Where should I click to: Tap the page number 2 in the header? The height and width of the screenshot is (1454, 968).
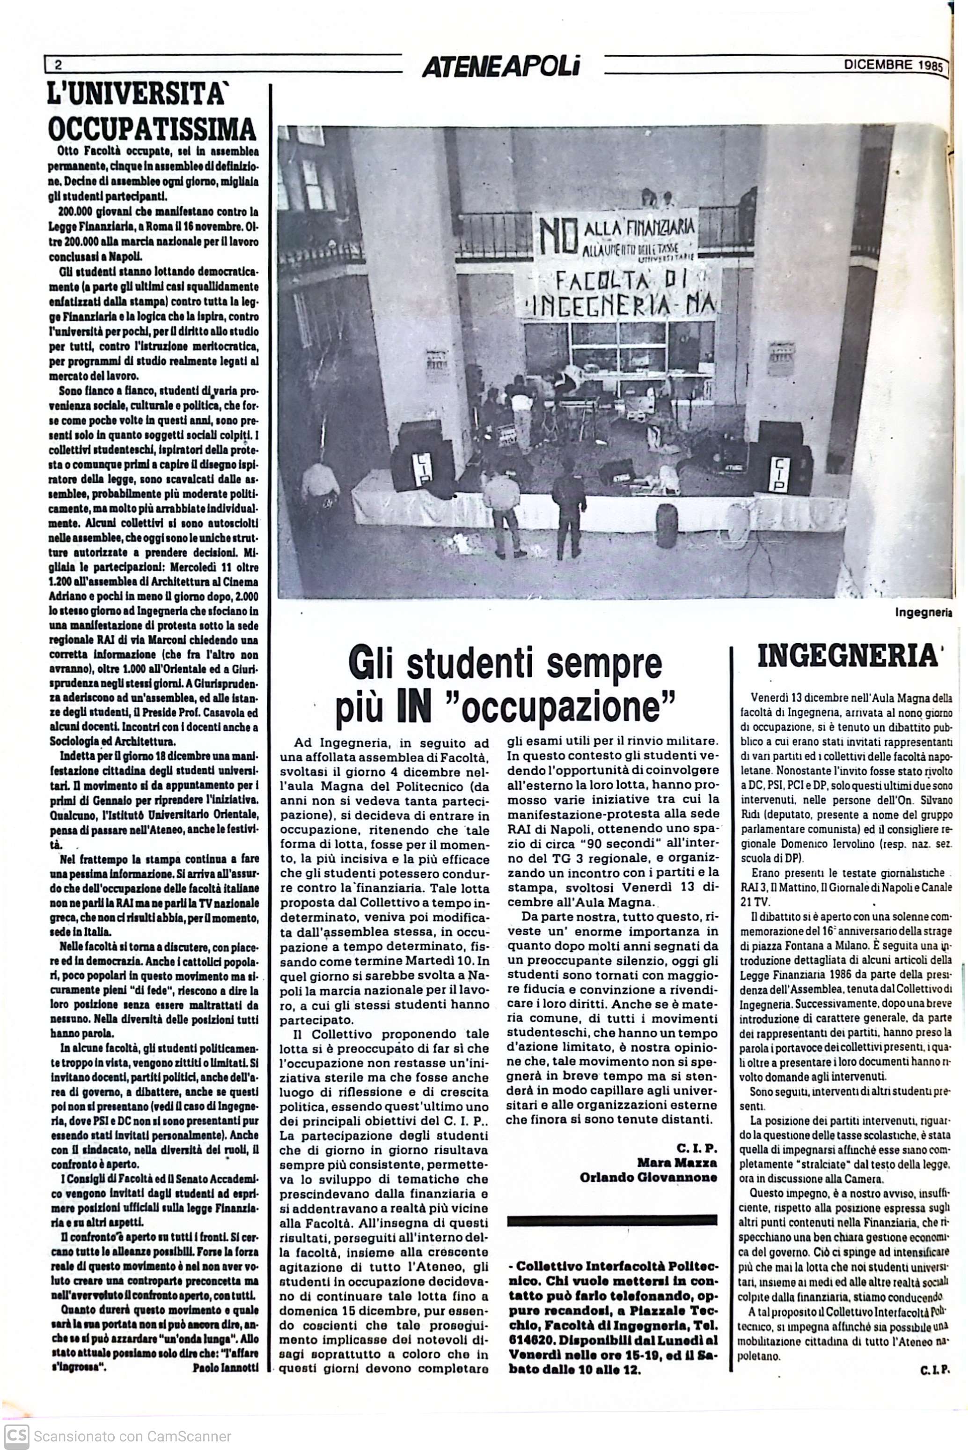pos(58,65)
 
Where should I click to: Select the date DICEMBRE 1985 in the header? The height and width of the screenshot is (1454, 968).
pos(893,64)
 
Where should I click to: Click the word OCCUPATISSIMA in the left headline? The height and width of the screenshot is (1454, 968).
pos(152,129)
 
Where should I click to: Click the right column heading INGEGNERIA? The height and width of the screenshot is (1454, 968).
pos(847,656)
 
